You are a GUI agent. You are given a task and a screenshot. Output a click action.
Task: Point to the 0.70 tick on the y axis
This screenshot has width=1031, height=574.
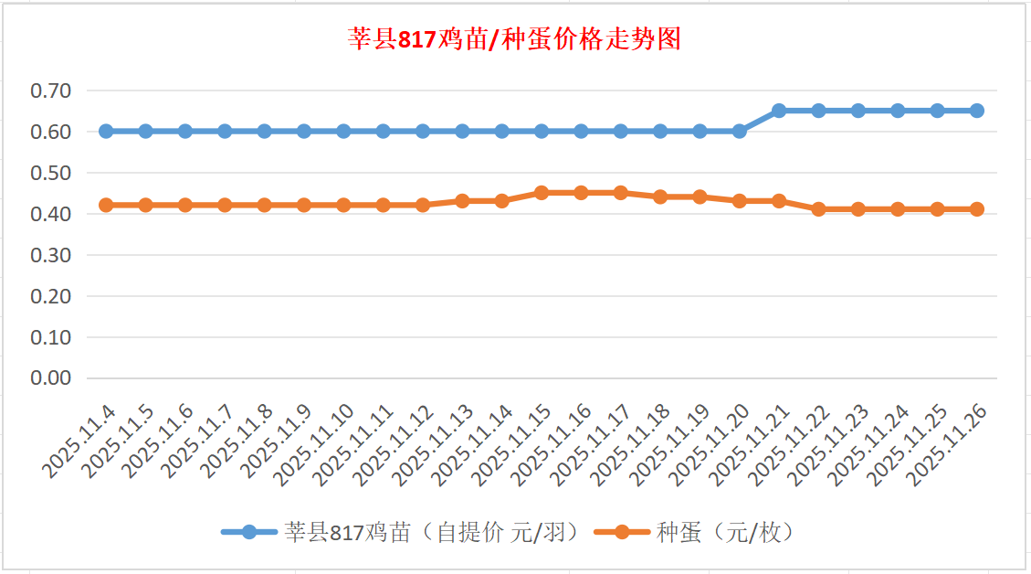pyautogui.click(x=51, y=90)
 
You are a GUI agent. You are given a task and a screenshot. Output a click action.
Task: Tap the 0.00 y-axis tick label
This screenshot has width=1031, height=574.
pyautogui.click(x=51, y=378)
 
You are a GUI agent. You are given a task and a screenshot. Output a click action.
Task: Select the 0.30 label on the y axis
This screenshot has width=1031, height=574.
pyautogui.click(x=51, y=255)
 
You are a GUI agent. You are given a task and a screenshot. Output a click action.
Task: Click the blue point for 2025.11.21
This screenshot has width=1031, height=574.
pyautogui.click(x=779, y=111)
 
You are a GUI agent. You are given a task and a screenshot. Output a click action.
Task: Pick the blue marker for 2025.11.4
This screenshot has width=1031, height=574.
pyautogui.click(x=106, y=131)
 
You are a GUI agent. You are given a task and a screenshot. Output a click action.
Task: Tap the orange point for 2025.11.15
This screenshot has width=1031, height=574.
pyautogui.click(x=542, y=193)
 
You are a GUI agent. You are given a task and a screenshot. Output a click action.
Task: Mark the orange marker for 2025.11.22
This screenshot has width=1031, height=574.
pyautogui.click(x=818, y=209)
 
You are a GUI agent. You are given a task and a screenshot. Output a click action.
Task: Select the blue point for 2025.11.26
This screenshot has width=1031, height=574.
pyautogui.click(x=977, y=111)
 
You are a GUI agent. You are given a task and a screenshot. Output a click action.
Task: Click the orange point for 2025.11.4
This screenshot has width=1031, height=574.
pyautogui.click(x=106, y=205)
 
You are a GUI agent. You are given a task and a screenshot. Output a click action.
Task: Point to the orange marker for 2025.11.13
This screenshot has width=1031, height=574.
pyautogui.click(x=462, y=201)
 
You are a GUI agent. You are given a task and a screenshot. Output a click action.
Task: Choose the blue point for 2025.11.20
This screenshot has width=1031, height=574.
pyautogui.click(x=740, y=131)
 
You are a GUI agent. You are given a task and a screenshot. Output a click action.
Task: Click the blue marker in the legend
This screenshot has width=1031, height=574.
pyautogui.click(x=250, y=532)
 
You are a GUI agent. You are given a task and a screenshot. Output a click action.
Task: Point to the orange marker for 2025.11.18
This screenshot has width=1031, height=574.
pyautogui.click(x=660, y=197)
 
